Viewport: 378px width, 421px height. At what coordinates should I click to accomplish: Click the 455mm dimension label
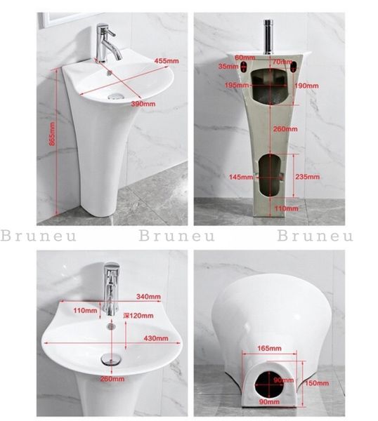click(166, 62)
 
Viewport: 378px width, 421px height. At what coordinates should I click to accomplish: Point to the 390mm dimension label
click(143, 104)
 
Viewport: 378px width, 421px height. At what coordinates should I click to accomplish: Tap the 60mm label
click(245, 58)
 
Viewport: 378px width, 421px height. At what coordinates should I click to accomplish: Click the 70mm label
click(282, 62)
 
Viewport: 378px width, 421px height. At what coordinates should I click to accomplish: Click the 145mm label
click(238, 176)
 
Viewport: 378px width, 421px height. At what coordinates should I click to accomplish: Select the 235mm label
click(307, 176)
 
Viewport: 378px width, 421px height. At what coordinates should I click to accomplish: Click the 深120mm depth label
click(137, 316)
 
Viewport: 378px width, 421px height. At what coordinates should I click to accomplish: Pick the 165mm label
click(270, 347)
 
